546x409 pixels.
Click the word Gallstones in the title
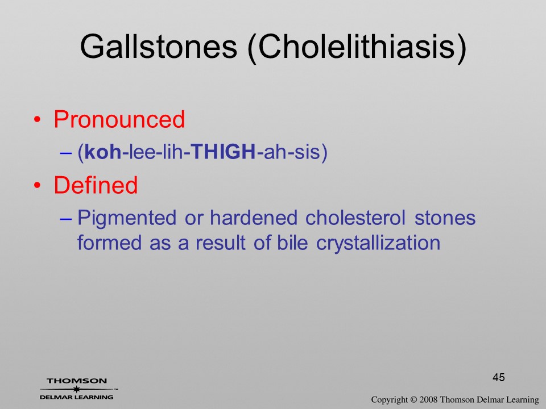point(159,46)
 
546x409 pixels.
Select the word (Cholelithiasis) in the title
point(357,48)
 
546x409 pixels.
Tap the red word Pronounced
point(119,119)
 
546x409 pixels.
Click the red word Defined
point(96,185)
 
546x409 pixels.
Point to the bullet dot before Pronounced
point(38,120)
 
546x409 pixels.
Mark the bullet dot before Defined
point(38,185)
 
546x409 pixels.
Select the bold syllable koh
point(103,152)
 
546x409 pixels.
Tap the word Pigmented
point(127,219)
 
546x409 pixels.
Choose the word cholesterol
point(355,218)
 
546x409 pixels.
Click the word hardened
point(254,218)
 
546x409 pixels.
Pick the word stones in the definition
point(445,218)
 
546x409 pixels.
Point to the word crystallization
point(378,243)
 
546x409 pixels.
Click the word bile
point(292,242)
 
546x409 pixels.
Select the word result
point(220,243)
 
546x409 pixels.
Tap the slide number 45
point(499,377)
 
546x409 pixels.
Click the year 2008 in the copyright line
point(429,399)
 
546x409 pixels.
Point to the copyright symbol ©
point(413,399)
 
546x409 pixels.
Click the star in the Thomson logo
point(77,389)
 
